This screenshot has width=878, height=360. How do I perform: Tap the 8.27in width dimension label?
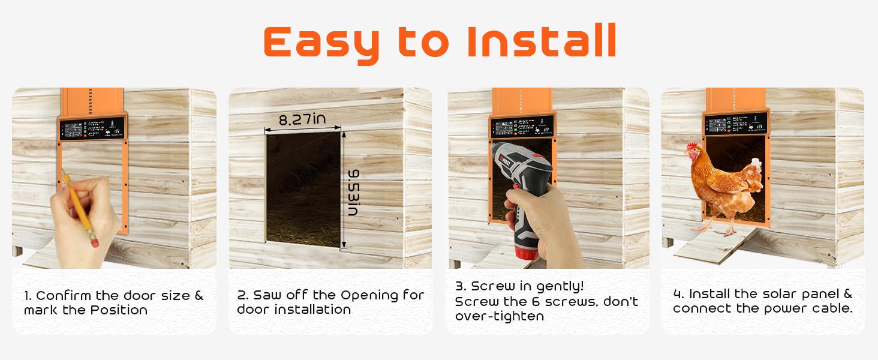(x=302, y=119)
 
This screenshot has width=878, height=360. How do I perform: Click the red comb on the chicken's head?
(x=694, y=147)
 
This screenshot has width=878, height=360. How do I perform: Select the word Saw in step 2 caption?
(x=266, y=295)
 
